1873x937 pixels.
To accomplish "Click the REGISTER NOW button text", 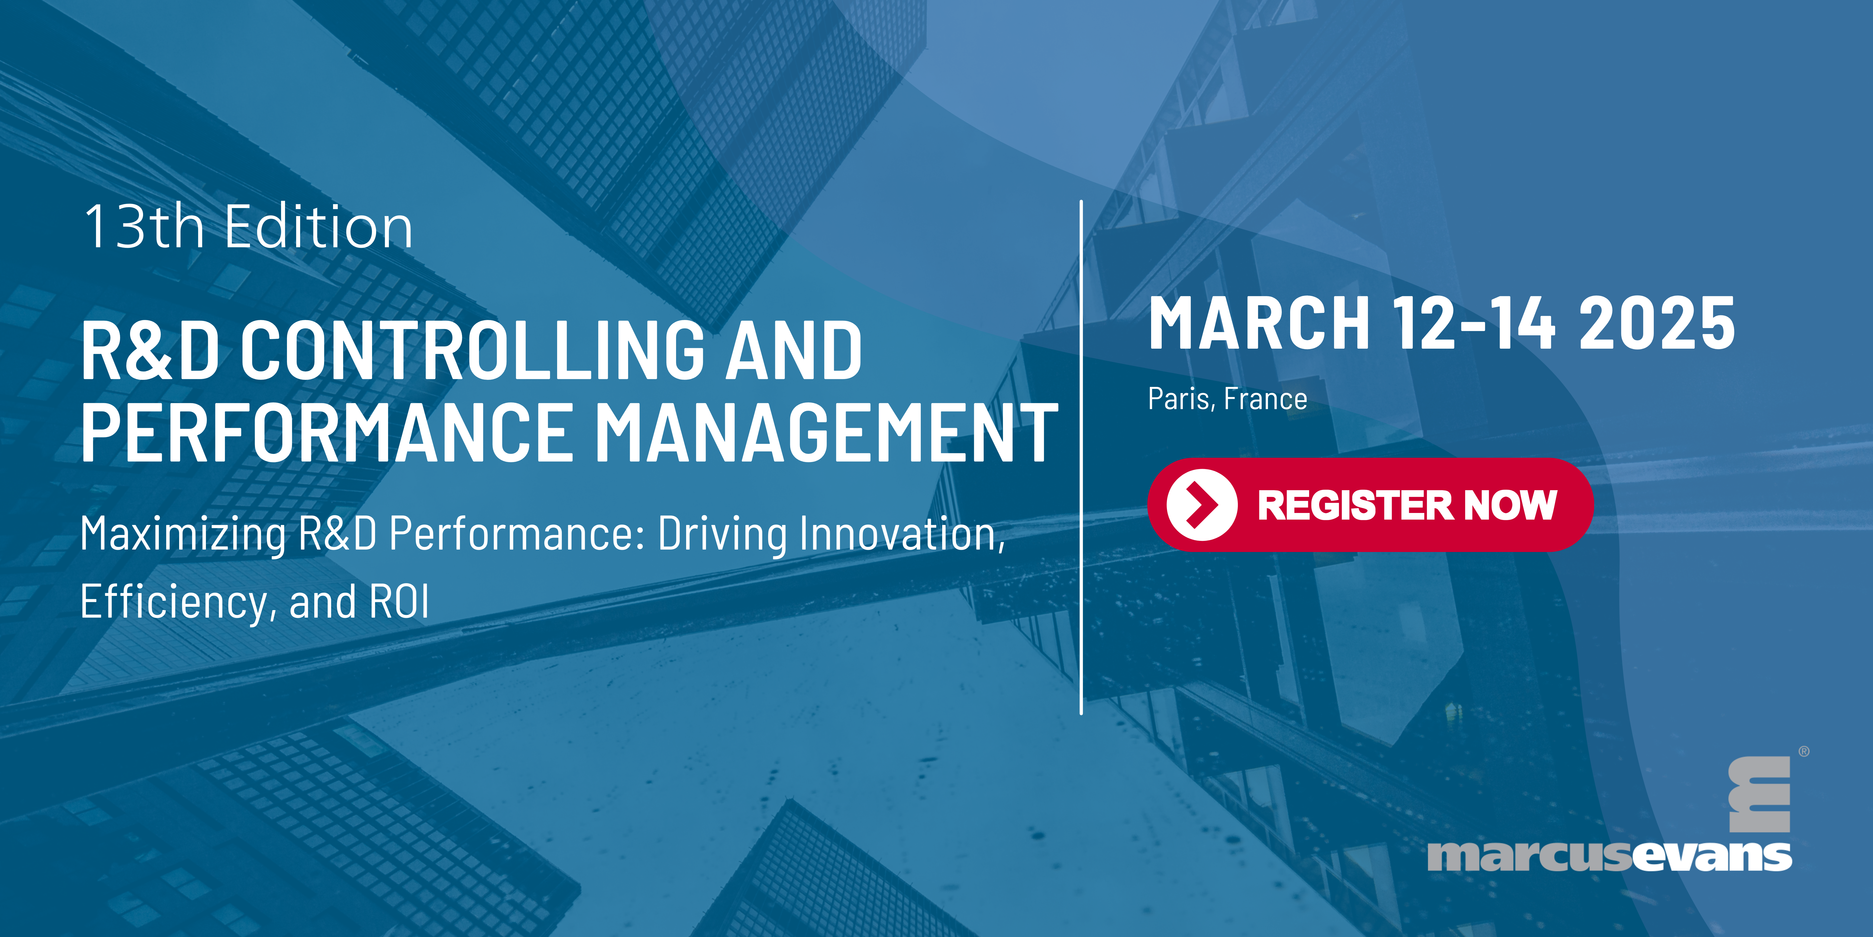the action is [x=1407, y=505].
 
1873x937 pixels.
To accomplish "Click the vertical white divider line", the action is [x=1081, y=457].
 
